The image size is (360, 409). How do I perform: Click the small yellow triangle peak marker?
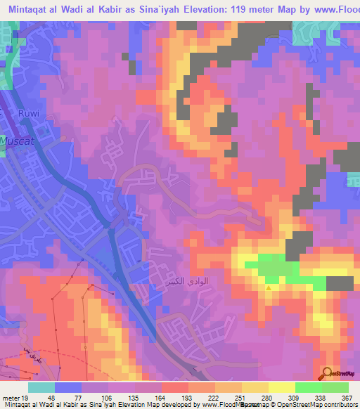pos(268,287)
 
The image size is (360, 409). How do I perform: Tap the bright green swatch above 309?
pos(308,387)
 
